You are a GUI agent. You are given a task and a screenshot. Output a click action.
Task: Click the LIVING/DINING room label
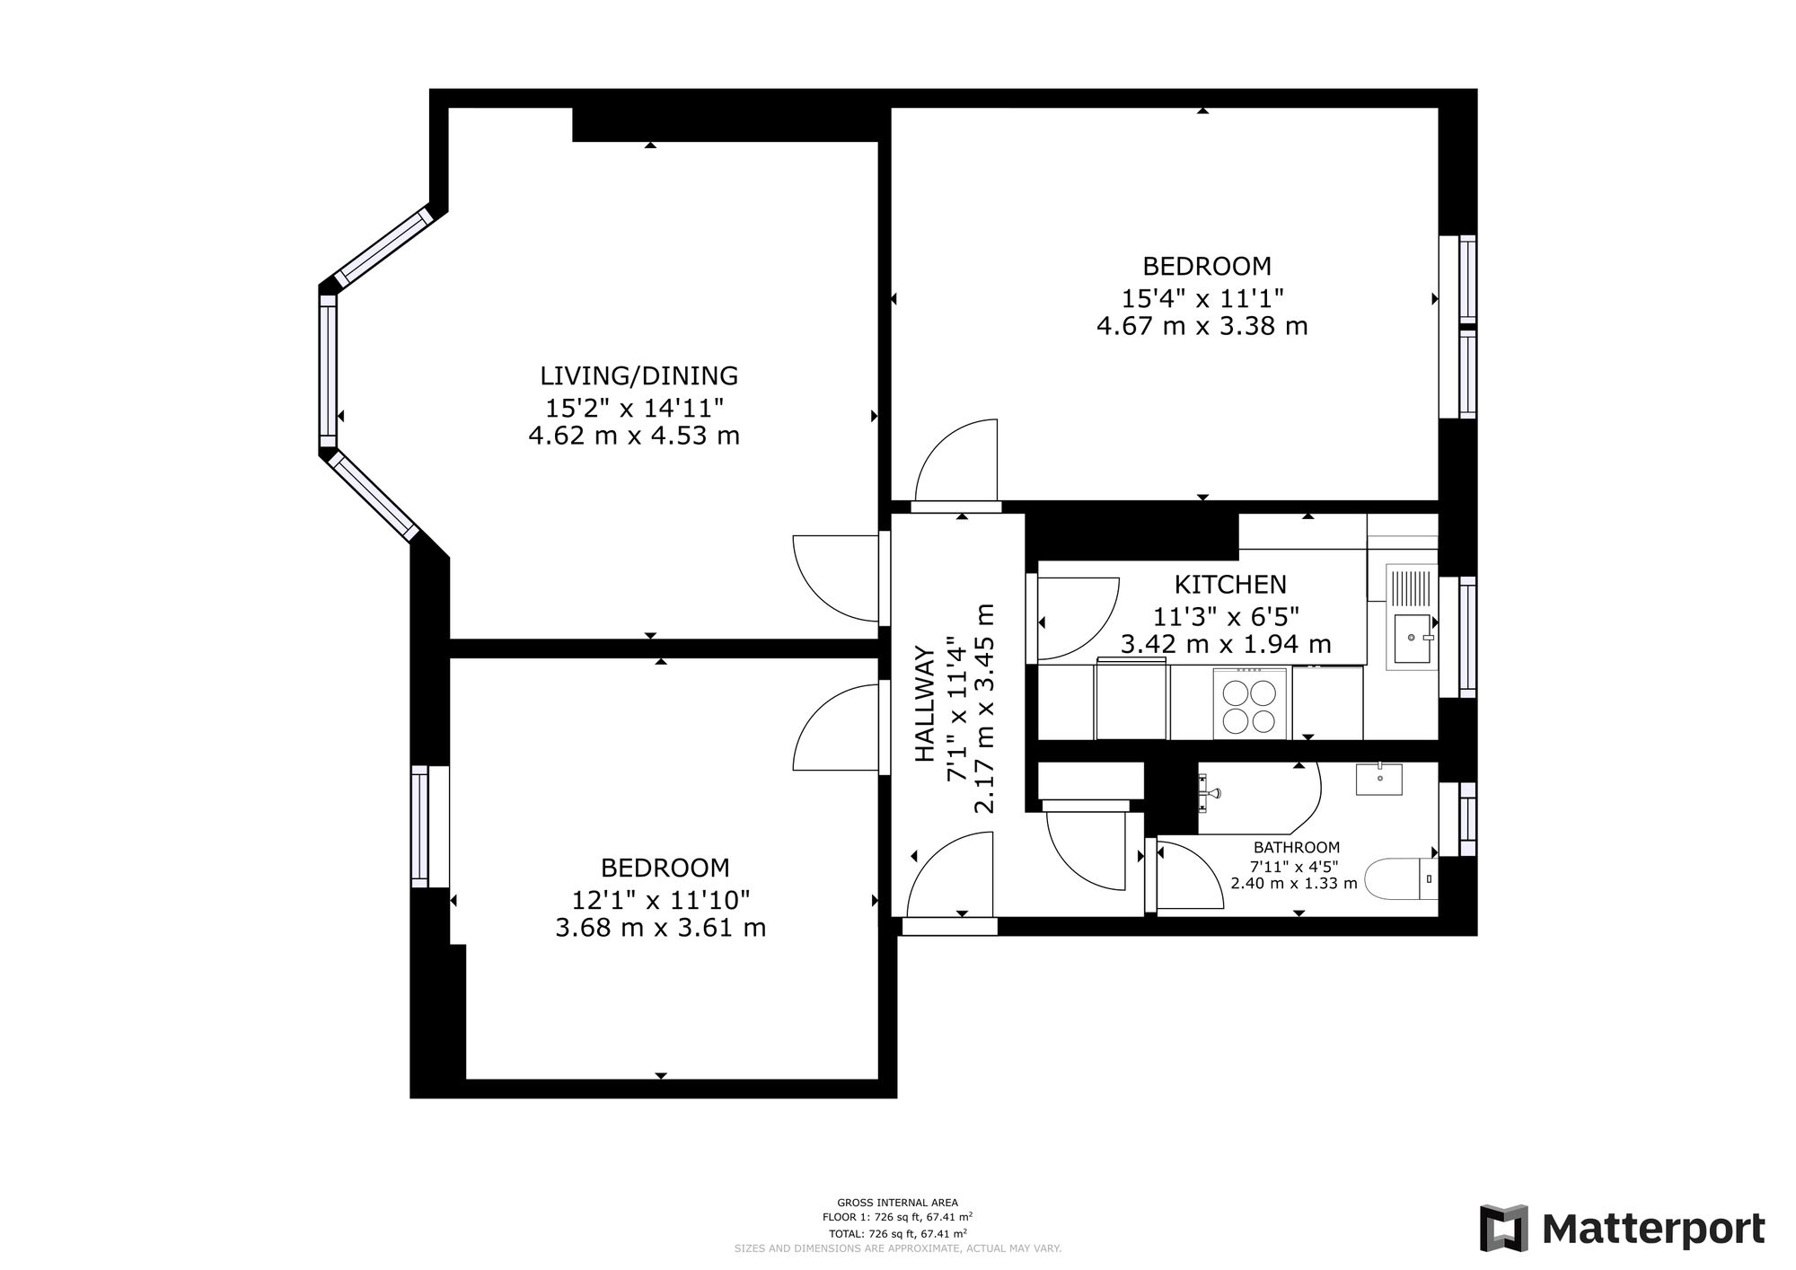pyautogui.click(x=638, y=375)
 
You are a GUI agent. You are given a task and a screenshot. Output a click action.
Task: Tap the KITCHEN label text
pyautogui.click(x=1230, y=585)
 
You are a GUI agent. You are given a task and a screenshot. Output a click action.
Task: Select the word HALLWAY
pyautogui.click(x=925, y=705)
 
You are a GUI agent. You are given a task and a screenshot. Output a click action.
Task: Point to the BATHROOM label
pyautogui.click(x=1297, y=847)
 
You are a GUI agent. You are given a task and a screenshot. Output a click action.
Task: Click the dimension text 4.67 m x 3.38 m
pyautogui.click(x=1202, y=326)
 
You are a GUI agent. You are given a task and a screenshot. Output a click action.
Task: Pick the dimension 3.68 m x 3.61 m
pyautogui.click(x=661, y=928)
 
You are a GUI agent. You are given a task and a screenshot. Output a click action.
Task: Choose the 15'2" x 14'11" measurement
pyautogui.click(x=635, y=409)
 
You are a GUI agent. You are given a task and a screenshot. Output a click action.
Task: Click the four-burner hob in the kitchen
pyautogui.click(x=1249, y=704)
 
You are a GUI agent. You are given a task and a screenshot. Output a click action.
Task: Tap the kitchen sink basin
pyautogui.click(x=1412, y=638)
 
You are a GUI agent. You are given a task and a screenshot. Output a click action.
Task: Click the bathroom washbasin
pyautogui.click(x=1378, y=778)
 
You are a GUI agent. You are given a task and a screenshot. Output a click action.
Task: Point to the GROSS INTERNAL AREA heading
pyautogui.click(x=897, y=1203)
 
